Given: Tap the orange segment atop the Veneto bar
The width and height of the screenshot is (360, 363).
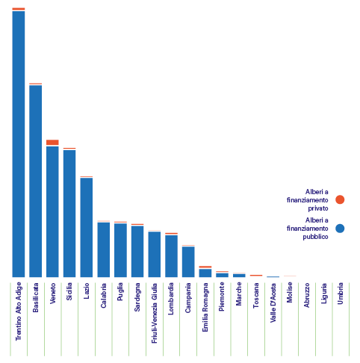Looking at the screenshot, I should [52, 142].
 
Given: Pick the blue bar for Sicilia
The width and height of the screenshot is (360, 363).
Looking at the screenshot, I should [69, 213].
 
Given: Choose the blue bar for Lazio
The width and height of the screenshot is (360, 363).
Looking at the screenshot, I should [87, 227].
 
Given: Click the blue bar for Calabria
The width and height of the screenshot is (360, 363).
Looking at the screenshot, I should [104, 249].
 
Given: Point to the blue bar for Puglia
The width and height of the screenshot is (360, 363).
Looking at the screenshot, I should [120, 250].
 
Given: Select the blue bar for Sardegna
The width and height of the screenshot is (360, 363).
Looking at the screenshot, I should [137, 252].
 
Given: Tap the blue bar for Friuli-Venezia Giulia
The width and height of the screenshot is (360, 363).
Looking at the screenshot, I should [155, 254].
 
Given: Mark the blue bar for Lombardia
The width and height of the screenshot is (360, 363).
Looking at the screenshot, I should [171, 255].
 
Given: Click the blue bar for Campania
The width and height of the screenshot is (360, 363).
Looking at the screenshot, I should [188, 261].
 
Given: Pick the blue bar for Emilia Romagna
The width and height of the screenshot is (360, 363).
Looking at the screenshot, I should [205, 273].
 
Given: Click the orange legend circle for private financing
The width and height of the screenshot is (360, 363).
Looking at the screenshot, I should [340, 199].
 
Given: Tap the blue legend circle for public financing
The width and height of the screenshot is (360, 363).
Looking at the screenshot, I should [340, 229].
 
